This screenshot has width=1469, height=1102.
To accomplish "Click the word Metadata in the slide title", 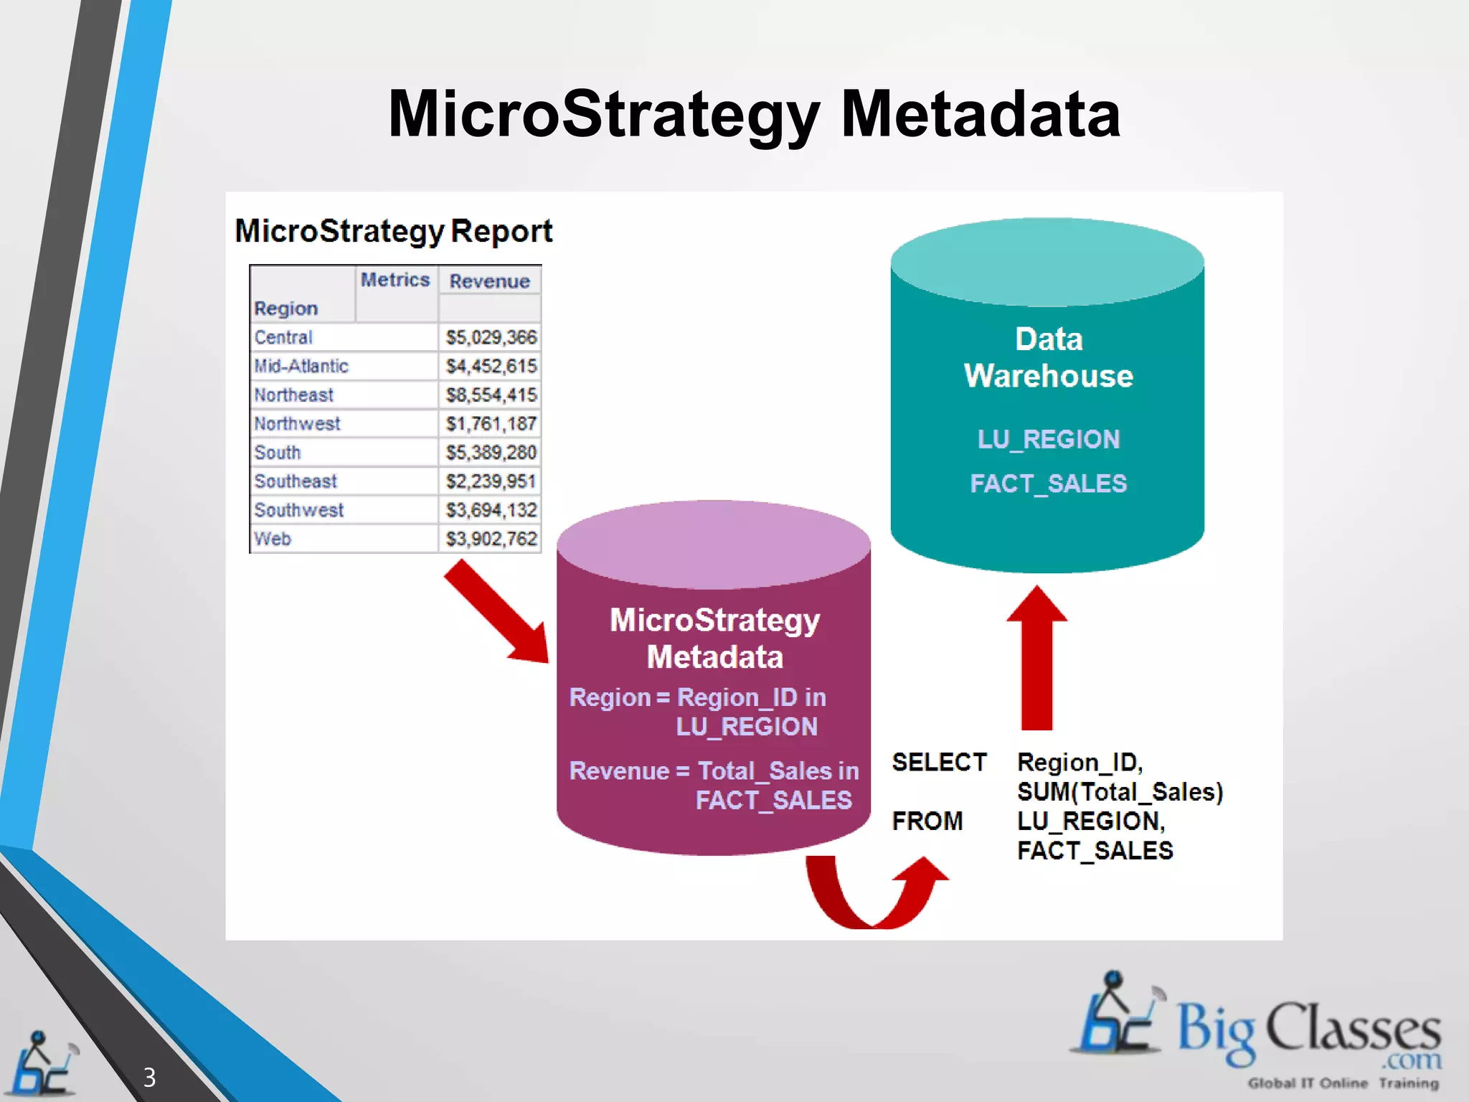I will tap(980, 115).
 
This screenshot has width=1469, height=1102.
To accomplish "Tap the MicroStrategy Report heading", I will tap(393, 231).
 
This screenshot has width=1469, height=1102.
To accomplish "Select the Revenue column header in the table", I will tap(489, 281).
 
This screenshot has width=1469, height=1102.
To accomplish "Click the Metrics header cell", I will tap(395, 280).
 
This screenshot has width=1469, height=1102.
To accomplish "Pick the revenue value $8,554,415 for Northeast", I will tap(491, 395).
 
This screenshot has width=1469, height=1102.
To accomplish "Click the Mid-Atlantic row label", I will tap(301, 366).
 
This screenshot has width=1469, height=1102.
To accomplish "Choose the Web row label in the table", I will tap(273, 539).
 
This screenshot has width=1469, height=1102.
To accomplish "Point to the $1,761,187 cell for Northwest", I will tap(491, 423).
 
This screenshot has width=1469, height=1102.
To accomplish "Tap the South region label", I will tap(278, 453).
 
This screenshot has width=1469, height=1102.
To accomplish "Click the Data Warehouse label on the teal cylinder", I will tap(1048, 357).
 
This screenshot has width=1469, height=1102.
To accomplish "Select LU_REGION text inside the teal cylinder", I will tap(1048, 439).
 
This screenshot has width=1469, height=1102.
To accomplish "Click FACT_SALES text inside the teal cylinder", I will tap(1048, 484).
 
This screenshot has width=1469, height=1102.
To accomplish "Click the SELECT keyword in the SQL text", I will tap(939, 762).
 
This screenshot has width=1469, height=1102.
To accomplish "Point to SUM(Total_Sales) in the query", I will tap(1120, 792).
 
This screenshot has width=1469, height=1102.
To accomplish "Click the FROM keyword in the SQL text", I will tap(927, 821).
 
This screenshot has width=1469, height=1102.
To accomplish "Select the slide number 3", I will tap(149, 1077).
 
